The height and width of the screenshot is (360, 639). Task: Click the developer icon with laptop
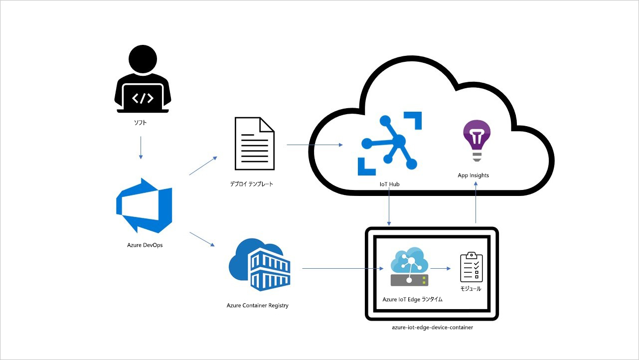tap(142, 80)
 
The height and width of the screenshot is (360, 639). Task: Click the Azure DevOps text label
tap(145, 245)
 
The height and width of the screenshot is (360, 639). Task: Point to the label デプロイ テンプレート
tap(252, 184)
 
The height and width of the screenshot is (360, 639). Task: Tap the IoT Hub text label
tap(389, 184)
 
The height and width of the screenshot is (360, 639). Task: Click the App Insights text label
tap(474, 176)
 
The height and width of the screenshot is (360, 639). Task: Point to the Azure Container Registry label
tap(257, 305)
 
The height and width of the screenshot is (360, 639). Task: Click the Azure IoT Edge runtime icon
tap(409, 268)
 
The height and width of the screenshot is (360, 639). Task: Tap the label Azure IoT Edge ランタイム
tap(412, 300)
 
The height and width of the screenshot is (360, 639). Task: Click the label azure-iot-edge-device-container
tap(432, 328)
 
